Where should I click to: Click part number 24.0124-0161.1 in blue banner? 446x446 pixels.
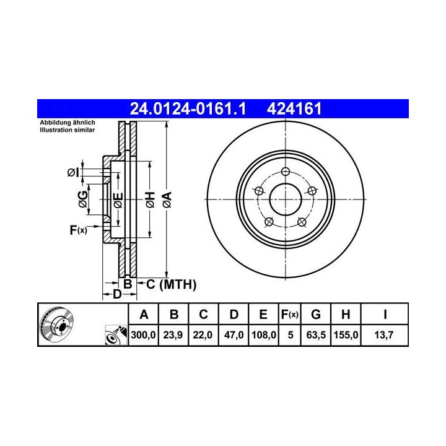click(188, 108)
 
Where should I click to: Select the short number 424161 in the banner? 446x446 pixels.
click(294, 108)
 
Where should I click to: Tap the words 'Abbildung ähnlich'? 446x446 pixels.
click(68, 123)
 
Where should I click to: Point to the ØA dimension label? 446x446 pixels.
click(167, 199)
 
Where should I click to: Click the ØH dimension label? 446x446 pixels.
click(150, 199)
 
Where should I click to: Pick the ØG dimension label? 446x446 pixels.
click(83, 199)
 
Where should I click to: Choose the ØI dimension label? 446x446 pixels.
click(73, 172)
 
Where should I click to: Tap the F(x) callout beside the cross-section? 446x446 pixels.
click(79, 230)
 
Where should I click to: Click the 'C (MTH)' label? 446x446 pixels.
click(171, 284)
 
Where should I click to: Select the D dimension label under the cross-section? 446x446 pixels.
click(117, 294)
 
